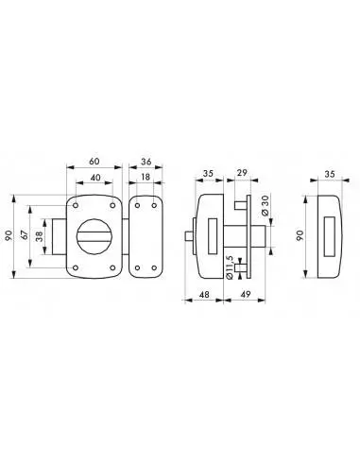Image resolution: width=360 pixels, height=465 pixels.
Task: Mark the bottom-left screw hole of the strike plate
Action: pos(137,267)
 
